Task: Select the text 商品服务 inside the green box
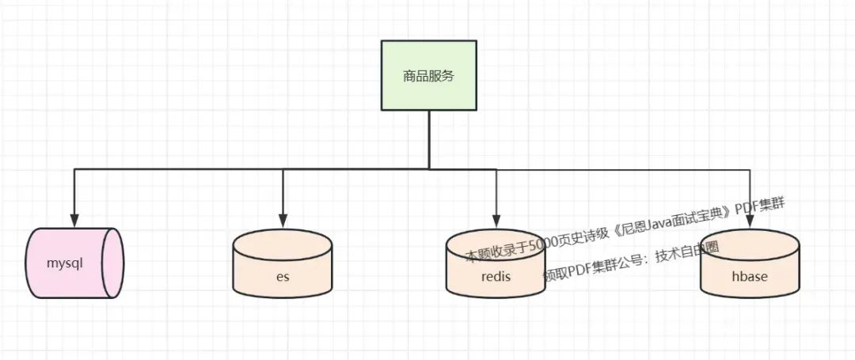coord(429,77)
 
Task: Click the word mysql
coord(65,263)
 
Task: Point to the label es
coord(283,277)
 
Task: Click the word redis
coord(496,278)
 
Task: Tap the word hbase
coord(750,278)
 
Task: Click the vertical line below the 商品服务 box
coord(429,138)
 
